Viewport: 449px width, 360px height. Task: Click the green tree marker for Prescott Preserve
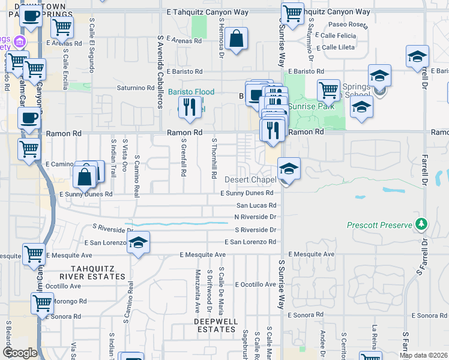pos(422,224)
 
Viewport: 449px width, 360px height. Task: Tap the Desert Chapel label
pos(250,179)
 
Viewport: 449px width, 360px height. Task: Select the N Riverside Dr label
pos(255,217)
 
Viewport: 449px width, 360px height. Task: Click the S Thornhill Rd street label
pos(214,158)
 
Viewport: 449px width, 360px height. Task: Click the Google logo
pos(20,353)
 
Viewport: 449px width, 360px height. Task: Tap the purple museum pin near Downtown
pos(20,42)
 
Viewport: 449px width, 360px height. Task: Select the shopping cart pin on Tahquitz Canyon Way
pos(292,13)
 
